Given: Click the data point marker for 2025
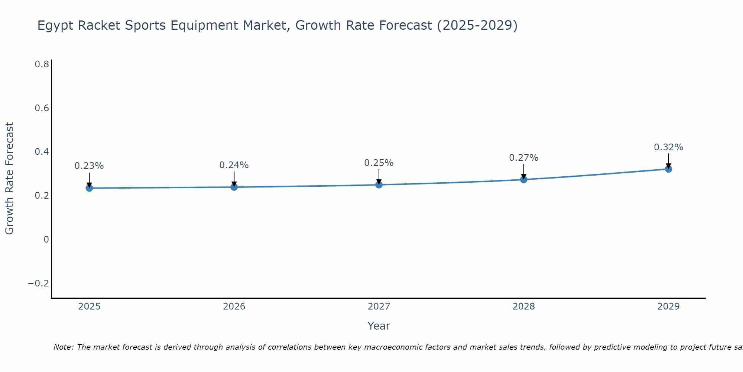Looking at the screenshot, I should [89, 188].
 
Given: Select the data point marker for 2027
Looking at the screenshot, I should [379, 185].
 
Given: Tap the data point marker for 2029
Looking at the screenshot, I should [668, 169].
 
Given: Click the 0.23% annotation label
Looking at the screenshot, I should [89, 166].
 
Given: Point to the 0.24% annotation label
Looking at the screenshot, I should [234, 165].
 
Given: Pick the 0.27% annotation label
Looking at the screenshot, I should [523, 158].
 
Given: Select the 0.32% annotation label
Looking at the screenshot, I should [668, 147].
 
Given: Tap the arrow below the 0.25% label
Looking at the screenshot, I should [379, 176].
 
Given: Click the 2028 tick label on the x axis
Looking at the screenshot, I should [523, 307].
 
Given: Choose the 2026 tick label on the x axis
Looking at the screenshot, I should [234, 307].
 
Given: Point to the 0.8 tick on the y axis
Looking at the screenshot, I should [42, 64].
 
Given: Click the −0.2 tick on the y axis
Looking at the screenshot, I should [39, 283].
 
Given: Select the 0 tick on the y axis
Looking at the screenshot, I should [46, 240].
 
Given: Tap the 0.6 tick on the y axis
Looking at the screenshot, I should [42, 108].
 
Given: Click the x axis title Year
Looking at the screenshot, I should [379, 326].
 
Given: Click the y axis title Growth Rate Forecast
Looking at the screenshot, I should [9, 179].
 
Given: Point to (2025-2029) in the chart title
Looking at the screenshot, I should [477, 26].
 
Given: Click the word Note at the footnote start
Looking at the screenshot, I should [64, 347].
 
